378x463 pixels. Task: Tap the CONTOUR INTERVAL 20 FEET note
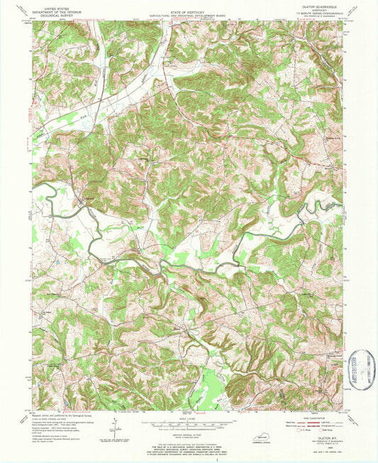point(189,433)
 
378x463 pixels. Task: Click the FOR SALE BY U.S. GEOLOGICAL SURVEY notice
point(189,445)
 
